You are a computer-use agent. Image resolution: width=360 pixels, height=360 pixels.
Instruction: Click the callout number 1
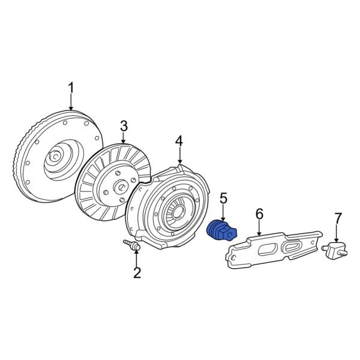tap(70, 89)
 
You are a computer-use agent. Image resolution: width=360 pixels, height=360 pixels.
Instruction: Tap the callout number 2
tap(137, 274)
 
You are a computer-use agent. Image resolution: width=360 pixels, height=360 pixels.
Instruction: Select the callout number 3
tap(124, 126)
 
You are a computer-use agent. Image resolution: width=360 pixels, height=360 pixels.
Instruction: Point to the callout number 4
tap(179, 141)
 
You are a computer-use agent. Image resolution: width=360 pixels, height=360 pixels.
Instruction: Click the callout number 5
tap(223, 197)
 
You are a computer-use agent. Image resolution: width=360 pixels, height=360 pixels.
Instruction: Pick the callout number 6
tap(259, 214)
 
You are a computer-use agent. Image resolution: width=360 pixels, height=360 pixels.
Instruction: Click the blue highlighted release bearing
tap(220, 232)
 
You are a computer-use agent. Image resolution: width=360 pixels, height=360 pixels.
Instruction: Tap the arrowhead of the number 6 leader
tap(259, 233)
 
